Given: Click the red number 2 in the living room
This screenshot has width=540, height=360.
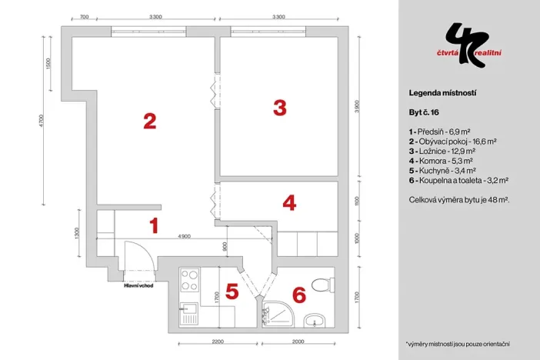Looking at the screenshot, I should tap(150, 121).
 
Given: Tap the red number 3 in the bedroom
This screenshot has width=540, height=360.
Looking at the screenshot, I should tap(280, 107).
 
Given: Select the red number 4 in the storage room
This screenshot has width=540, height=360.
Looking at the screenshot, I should tap(289, 203).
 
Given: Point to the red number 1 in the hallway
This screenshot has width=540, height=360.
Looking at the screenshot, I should tap(154, 226).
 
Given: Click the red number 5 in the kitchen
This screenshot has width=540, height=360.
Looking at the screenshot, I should tap(232, 292).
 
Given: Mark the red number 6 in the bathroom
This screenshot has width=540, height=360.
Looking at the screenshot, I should tap(299, 295).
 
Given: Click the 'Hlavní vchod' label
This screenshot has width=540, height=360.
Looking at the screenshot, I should tap(138, 286).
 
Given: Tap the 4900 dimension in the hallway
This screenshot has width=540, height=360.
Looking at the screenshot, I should tap(184, 236).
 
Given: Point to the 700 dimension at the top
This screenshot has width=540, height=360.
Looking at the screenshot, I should tap(84, 16).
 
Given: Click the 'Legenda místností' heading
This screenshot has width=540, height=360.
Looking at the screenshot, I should tap(442, 92).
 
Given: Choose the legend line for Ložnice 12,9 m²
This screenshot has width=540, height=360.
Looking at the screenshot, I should tap(450, 152).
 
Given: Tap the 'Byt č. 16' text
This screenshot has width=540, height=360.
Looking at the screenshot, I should tap(425, 112).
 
